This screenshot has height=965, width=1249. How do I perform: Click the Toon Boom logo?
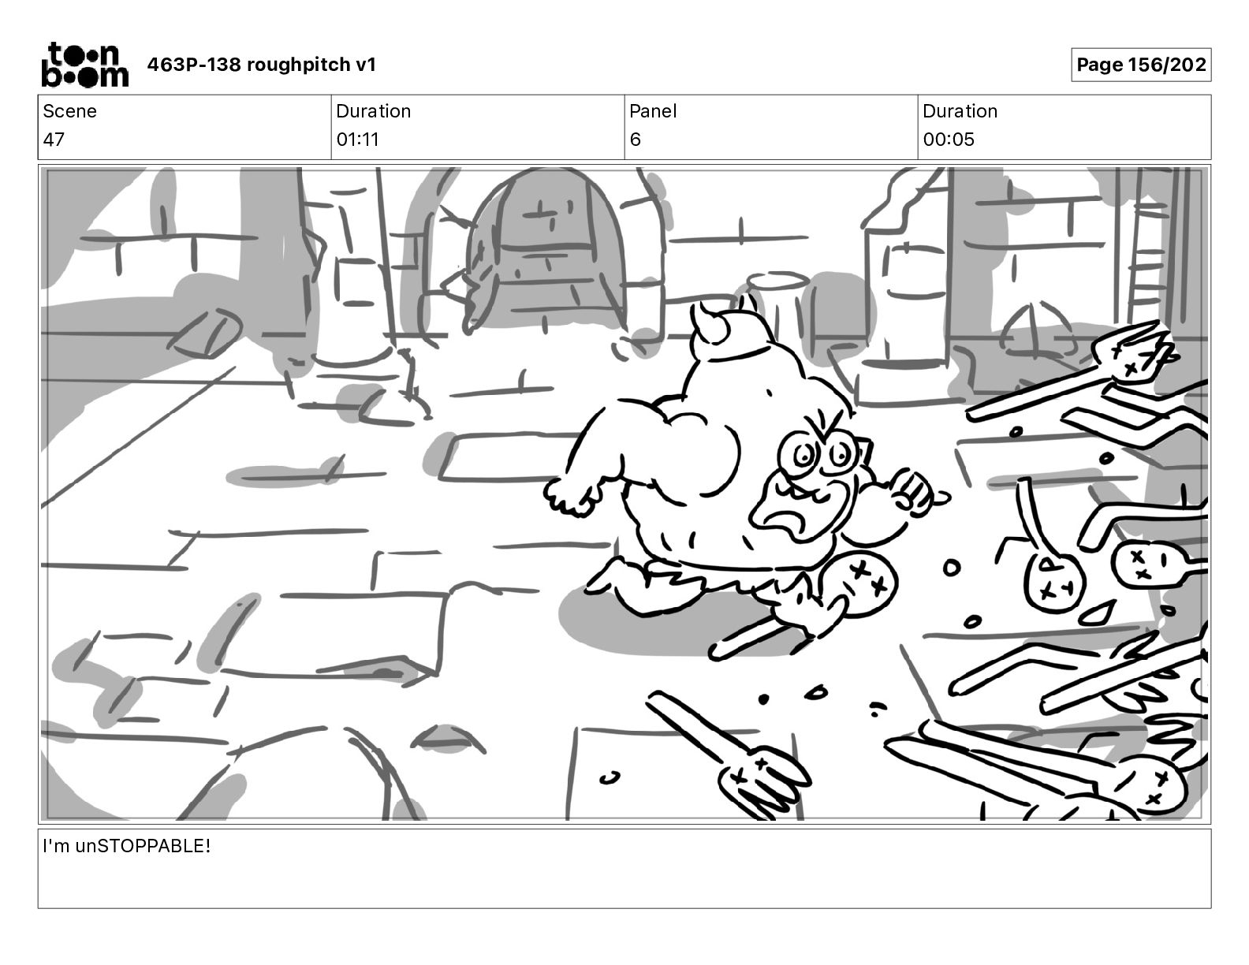tap(84, 65)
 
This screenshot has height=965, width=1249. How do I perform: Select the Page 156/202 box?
tap(1140, 65)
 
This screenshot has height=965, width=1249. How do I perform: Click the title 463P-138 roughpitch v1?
tap(262, 65)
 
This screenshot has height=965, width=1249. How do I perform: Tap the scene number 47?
tap(54, 140)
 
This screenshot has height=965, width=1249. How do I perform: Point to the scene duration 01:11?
tap(357, 140)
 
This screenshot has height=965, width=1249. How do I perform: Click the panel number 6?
tap(635, 140)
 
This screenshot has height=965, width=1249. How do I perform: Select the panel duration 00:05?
tap(949, 140)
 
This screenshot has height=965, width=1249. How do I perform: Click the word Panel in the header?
tap(653, 111)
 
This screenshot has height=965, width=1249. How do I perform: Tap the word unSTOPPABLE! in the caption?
tap(143, 847)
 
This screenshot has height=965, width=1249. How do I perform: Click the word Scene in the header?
tap(69, 111)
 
